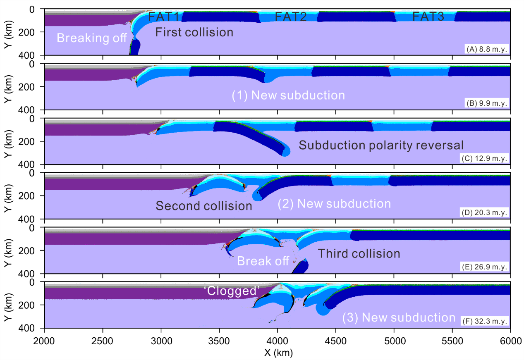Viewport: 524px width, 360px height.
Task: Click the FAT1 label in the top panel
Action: [x=164, y=17]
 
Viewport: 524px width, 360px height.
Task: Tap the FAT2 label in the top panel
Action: [x=290, y=17]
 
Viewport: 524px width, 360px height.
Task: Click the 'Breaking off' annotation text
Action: [x=91, y=38]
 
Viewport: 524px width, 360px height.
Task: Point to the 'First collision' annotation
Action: [x=194, y=32]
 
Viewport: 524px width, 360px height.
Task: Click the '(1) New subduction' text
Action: [x=288, y=95]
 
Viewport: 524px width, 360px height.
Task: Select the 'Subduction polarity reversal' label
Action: [x=381, y=145]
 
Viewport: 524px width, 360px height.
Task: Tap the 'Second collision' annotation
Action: [x=203, y=205]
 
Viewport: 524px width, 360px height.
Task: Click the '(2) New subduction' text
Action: [x=334, y=204]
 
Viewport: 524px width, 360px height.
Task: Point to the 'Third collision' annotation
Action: [x=359, y=253]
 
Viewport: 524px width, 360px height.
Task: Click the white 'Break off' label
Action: [x=263, y=261]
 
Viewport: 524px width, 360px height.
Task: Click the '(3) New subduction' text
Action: [x=399, y=318]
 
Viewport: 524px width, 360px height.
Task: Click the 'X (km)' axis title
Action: [x=278, y=353]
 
